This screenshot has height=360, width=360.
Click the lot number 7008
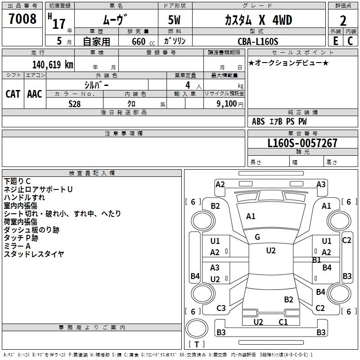(22, 20)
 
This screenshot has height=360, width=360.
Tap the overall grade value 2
(343, 20)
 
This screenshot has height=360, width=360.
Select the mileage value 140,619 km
(53, 64)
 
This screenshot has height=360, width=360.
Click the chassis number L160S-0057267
(302, 143)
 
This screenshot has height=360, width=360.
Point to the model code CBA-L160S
(258, 41)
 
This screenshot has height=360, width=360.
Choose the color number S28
(74, 103)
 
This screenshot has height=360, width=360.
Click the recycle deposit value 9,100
(223, 103)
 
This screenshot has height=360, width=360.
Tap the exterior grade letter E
(335, 41)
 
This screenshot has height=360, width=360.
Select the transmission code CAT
(13, 94)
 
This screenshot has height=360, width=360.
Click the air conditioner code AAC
(35, 94)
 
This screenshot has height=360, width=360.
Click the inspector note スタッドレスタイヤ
(34, 254)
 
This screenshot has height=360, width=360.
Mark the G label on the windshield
(257, 237)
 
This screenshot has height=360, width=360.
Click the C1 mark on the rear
(283, 322)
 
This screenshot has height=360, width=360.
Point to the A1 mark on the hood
(251, 216)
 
